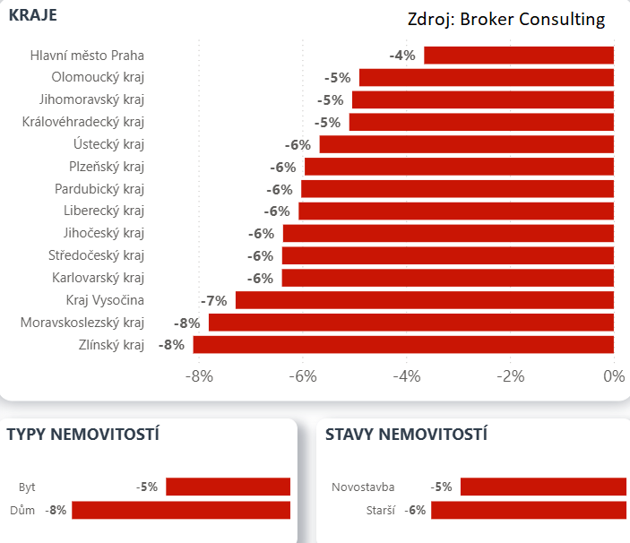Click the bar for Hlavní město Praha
pos(518,56)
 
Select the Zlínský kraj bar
pos(403,345)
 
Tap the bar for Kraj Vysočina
pos(424,300)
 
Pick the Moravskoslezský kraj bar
pos(410,323)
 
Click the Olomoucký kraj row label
pos(98,77)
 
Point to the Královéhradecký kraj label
pos(83,122)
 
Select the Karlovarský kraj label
pos(98,278)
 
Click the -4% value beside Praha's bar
pos(402,56)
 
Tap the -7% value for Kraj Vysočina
pos(214,300)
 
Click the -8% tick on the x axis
pos(199,376)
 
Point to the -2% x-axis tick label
pos(510,376)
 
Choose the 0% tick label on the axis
pos(614,376)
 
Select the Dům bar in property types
pos(181,510)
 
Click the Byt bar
pos(228,487)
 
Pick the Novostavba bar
pos(542,487)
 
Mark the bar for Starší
pos(528,510)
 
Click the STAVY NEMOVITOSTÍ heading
pos(406,435)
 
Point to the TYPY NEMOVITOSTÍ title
pos(83,435)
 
